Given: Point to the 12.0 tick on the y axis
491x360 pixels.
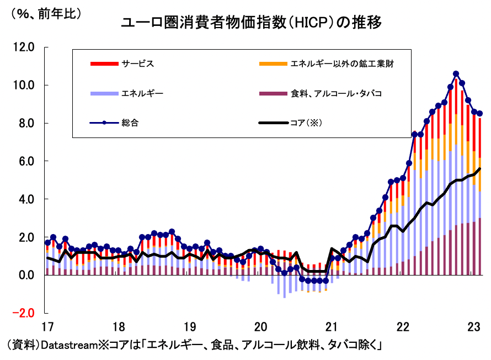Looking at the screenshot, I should click(x=24, y=47).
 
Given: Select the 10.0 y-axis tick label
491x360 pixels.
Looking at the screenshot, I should click(x=24, y=85).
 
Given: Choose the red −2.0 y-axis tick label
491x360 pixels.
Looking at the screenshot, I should click(x=23, y=313).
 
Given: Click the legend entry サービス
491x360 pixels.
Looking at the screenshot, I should click(x=137, y=63).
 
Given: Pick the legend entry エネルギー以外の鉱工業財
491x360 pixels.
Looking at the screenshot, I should click(x=342, y=63).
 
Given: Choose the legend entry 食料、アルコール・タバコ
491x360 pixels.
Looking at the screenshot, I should click(x=336, y=93).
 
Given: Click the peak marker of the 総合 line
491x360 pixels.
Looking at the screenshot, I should click(x=456, y=73).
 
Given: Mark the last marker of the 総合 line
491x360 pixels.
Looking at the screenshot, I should click(x=480, y=113).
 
